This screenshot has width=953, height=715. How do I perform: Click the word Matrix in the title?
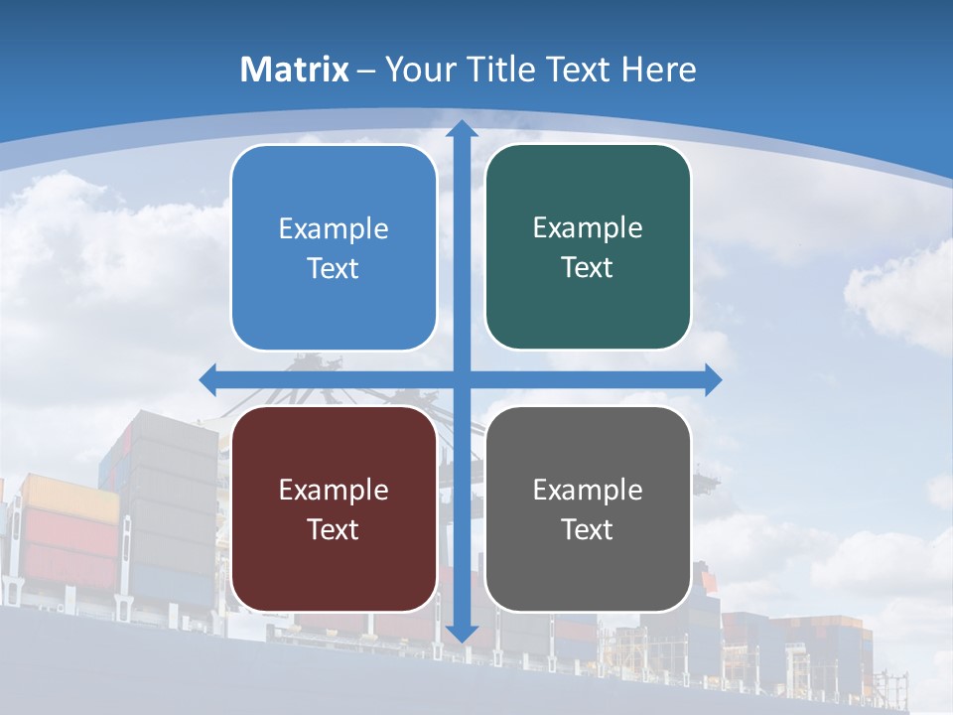pyautogui.click(x=295, y=70)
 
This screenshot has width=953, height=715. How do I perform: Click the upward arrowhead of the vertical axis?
pyautogui.click(x=462, y=128)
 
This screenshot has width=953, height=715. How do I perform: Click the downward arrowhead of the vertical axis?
pyautogui.click(x=462, y=634)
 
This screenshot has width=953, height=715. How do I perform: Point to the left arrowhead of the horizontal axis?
pyautogui.click(x=208, y=379)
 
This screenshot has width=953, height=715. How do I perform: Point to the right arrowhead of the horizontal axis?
pyautogui.click(x=713, y=379)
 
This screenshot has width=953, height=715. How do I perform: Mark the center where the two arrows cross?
pyautogui.click(x=462, y=379)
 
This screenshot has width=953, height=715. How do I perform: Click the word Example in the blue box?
pyautogui.click(x=334, y=229)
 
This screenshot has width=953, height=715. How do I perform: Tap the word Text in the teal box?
pyautogui.click(x=588, y=268)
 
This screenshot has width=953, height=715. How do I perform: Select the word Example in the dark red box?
pyautogui.click(x=334, y=491)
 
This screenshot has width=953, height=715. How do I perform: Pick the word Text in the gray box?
pyautogui.click(x=588, y=530)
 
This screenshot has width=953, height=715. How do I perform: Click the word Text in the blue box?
pyautogui.click(x=334, y=269)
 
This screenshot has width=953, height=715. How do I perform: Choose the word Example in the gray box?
pyautogui.click(x=588, y=491)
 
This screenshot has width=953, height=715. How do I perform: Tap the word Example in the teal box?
pyautogui.click(x=588, y=228)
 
